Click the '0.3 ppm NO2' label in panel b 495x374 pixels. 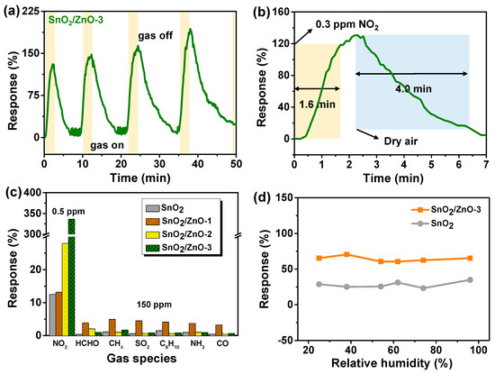[341, 25]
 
